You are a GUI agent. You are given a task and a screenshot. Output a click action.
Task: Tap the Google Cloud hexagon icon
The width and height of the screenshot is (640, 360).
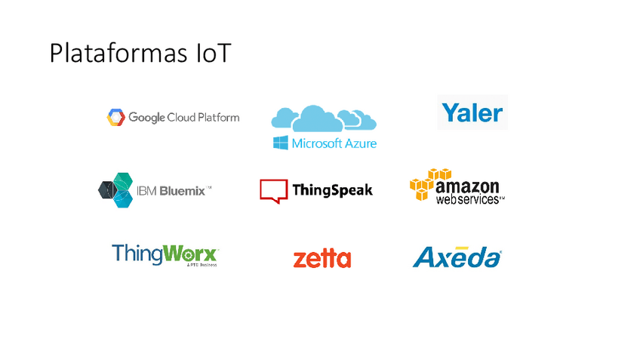(115, 117)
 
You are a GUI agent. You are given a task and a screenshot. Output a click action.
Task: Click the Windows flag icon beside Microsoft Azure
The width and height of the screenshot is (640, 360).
(281, 143)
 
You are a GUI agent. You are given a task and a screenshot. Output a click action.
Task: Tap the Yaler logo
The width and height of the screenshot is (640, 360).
(472, 112)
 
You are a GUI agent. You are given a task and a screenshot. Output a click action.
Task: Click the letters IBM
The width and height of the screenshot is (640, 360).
(147, 191)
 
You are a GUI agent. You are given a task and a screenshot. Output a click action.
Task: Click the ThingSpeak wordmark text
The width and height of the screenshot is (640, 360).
(332, 190)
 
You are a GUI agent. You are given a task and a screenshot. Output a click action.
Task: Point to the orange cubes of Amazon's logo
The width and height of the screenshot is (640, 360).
(429, 183)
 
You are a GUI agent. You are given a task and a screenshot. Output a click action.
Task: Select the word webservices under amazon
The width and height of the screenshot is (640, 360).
(468, 199)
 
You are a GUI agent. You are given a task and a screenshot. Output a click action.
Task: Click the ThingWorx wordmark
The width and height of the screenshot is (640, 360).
(165, 254)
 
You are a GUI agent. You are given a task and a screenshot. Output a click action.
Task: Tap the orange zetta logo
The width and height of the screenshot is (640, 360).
(322, 259)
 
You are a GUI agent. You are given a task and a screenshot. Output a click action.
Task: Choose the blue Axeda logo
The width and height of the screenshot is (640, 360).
(457, 257)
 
